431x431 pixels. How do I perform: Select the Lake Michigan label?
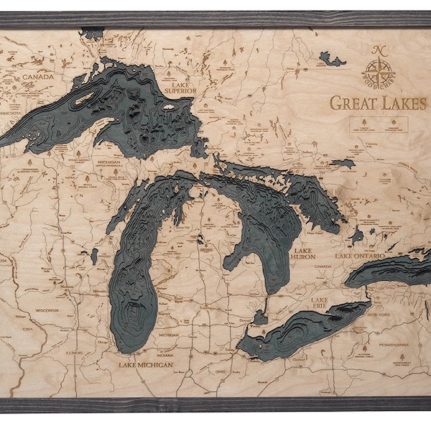146,365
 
